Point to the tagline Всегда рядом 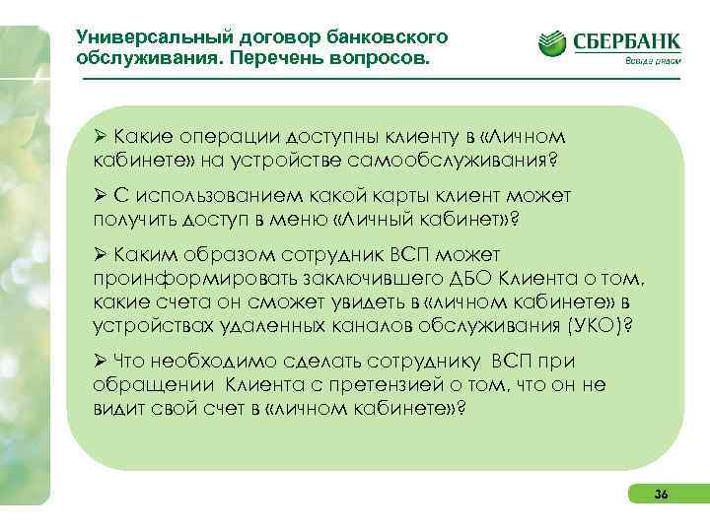tap(652, 61)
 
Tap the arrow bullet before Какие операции tap(100, 136)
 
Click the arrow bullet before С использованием tap(100, 196)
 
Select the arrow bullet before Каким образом tap(100, 256)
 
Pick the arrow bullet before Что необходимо tap(100, 361)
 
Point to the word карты tap(390, 196)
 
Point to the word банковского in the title tap(389, 36)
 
